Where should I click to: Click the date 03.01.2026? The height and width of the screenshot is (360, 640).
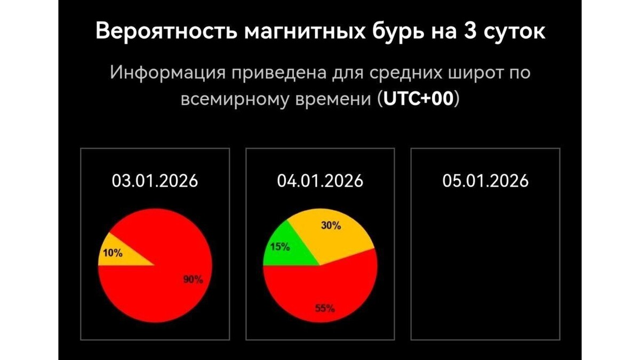(x=155, y=181)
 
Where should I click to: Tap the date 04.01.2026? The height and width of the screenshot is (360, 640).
(x=320, y=181)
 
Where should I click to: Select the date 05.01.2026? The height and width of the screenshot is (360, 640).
(x=485, y=181)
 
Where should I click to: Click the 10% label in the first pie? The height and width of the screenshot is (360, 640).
(x=113, y=253)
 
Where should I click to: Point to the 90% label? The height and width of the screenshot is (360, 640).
(x=193, y=279)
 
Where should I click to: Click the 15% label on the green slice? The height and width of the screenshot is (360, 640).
(x=280, y=247)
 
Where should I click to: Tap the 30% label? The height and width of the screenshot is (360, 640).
(x=331, y=226)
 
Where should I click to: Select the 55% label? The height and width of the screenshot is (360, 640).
(x=324, y=308)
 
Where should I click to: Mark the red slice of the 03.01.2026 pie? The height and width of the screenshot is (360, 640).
(x=160, y=288)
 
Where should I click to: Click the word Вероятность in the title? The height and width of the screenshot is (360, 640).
(x=165, y=31)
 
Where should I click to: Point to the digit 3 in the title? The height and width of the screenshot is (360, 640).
(x=462, y=31)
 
